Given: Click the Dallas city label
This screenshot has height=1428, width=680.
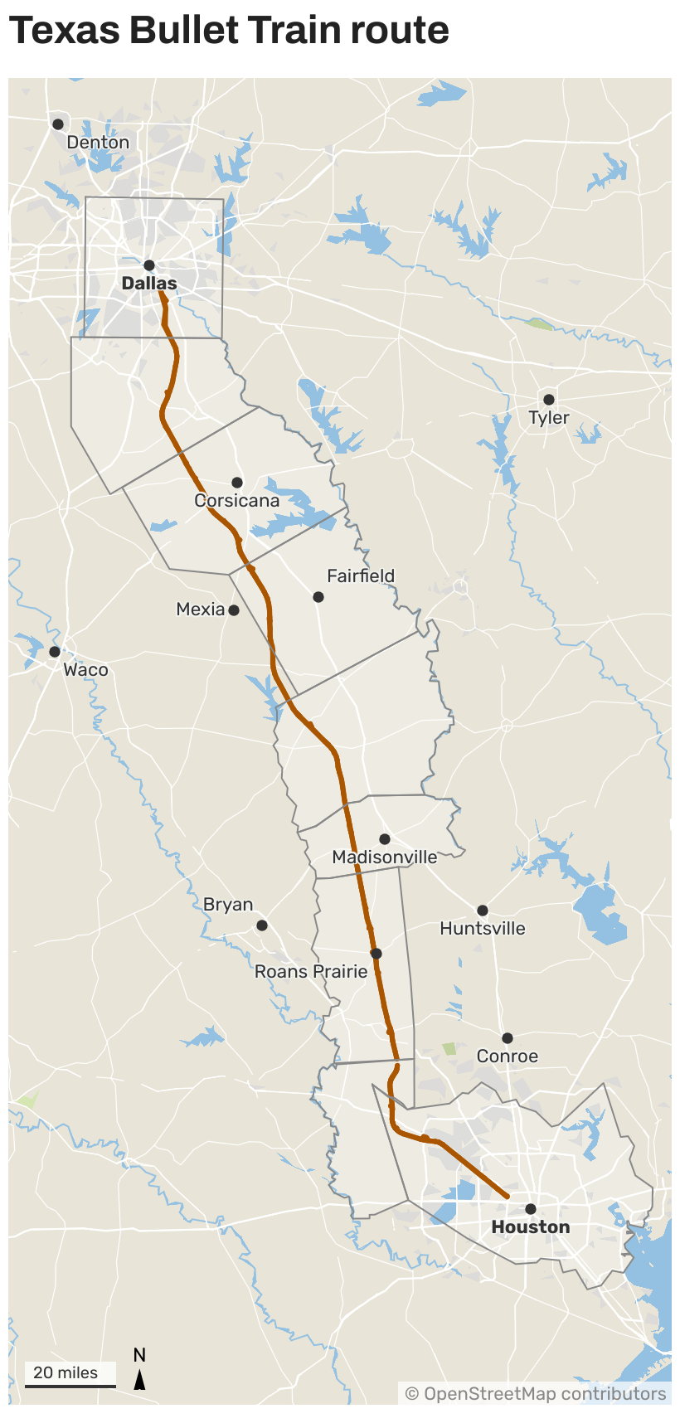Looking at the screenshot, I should point(149,284).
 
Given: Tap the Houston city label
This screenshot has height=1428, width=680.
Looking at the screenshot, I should point(531,1227).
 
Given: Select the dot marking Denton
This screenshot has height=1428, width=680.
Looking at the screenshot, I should point(58,124).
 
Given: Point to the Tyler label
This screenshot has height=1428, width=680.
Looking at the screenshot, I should point(549,418).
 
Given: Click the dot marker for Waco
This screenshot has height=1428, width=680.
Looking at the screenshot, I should point(55,652).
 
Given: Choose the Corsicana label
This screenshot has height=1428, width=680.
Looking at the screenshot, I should point(237,501).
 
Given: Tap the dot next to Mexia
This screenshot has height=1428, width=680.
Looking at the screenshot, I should point(234,610).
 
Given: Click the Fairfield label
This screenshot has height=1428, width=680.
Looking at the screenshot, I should point(361,576).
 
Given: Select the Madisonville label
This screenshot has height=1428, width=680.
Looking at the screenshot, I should point(385,857).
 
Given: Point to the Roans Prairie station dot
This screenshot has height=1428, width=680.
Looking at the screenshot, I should point(376,954).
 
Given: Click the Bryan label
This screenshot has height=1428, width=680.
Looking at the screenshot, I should point(228,905).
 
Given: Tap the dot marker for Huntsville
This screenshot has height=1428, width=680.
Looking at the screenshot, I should point(483,911).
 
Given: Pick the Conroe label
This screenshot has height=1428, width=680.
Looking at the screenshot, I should point(508,1056).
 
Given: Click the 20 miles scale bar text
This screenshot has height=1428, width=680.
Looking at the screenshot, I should point(66,1372).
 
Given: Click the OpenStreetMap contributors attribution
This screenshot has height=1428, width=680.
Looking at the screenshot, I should point(536,1393).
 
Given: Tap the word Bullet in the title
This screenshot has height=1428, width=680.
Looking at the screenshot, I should point(183,31).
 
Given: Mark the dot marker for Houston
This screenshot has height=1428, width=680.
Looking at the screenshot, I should point(531,1209).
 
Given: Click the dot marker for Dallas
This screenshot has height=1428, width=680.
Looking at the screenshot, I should point(149,265).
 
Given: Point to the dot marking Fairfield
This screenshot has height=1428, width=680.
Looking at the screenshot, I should point(318,597).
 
